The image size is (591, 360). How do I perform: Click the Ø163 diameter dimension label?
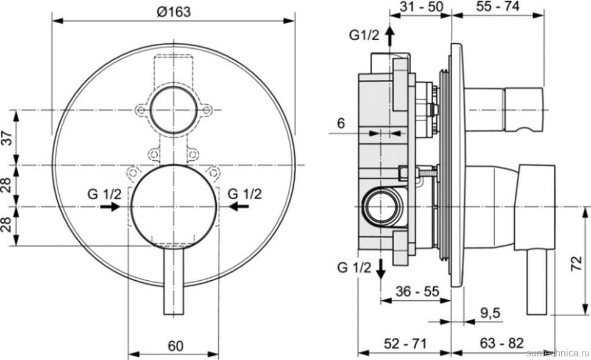pyautogui.click(x=173, y=10)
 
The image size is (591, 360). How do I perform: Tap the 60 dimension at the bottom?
pyautogui.click(x=175, y=346)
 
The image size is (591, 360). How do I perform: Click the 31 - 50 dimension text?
pyautogui.click(x=419, y=8)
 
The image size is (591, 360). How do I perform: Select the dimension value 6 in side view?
pyautogui.click(x=341, y=123)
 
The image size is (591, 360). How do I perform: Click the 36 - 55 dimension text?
pyautogui.click(x=417, y=291)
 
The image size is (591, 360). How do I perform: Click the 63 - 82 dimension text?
pyautogui.click(x=501, y=344)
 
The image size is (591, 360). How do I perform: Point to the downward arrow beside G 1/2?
pyautogui.click(x=380, y=269)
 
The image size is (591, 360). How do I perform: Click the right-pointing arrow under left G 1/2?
pyautogui.click(x=109, y=207)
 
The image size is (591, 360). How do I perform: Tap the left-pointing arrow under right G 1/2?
pyautogui.click(x=240, y=207)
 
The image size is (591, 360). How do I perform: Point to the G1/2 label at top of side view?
pyautogui.click(x=364, y=35)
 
